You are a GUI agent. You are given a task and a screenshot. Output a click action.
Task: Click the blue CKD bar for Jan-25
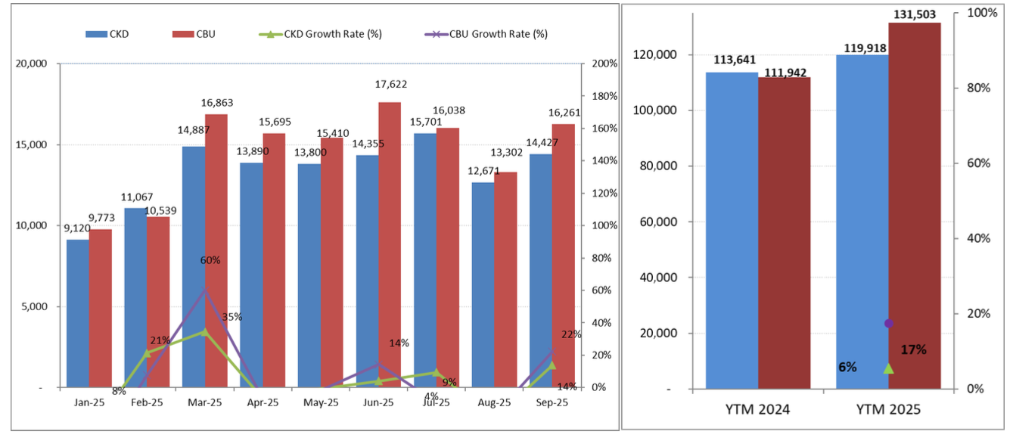pos(78,314)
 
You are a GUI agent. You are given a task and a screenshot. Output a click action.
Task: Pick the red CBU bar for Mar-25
pos(216,250)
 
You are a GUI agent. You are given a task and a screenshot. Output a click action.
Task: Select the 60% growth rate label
pos(210,261)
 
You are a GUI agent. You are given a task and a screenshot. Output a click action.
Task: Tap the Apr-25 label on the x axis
pos(263,403)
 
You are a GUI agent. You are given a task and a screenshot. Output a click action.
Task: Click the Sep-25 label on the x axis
pos(552,403)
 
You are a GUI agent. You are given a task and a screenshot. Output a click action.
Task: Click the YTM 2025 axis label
pos(888,410)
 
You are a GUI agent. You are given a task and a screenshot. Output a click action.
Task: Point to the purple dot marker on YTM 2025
pos(889,324)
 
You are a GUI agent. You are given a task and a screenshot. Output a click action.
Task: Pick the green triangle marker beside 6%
pos(889,368)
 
